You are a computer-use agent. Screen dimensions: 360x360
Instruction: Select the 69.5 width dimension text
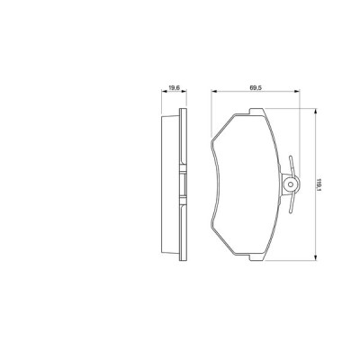255,87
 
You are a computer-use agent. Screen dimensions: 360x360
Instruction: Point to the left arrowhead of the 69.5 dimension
214,93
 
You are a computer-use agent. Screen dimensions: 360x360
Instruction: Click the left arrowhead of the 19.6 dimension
165,93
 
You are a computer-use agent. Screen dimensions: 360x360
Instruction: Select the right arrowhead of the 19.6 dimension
185,93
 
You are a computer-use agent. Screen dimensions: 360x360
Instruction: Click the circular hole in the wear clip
289,185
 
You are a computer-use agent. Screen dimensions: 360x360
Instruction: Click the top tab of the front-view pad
251,112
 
